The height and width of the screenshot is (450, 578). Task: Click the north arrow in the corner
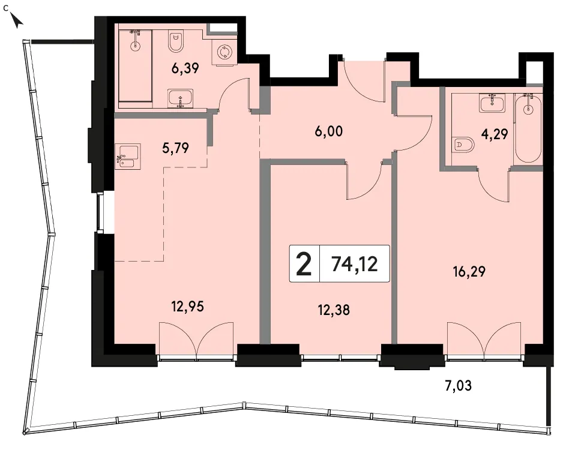pyautogui.click(x=17, y=20)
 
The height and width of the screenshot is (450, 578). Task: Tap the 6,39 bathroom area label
pyautogui.click(x=185, y=68)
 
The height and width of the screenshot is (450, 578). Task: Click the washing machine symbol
pyautogui.click(x=223, y=52)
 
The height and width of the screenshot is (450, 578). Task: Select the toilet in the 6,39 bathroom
pyautogui.click(x=175, y=41)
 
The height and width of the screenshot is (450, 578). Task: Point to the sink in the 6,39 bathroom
pyautogui.click(x=180, y=98)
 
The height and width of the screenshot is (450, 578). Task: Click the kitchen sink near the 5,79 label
pyautogui.click(x=127, y=157)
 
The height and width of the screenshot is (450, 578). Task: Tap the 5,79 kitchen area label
pyautogui.click(x=175, y=148)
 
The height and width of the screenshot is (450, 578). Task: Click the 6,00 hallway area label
pyautogui.click(x=329, y=131)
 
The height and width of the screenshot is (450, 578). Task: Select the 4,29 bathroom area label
pyautogui.click(x=495, y=134)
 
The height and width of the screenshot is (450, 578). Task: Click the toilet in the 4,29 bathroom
pyautogui.click(x=463, y=145)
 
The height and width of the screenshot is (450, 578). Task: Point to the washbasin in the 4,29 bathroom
pyautogui.click(x=492, y=103)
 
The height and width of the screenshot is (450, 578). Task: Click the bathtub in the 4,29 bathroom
pyautogui.click(x=528, y=128)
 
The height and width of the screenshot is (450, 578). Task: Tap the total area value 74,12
pyautogui.click(x=355, y=264)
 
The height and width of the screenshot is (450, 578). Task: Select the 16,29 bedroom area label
pyautogui.click(x=469, y=272)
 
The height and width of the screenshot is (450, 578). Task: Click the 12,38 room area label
pyautogui.click(x=334, y=310)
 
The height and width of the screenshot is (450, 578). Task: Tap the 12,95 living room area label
pyautogui.click(x=188, y=306)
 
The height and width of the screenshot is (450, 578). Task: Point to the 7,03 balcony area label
pyautogui.click(x=458, y=386)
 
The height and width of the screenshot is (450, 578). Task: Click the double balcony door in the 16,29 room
pyautogui.click(x=484, y=339)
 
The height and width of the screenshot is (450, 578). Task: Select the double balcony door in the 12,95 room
pyautogui.click(x=196, y=339)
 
